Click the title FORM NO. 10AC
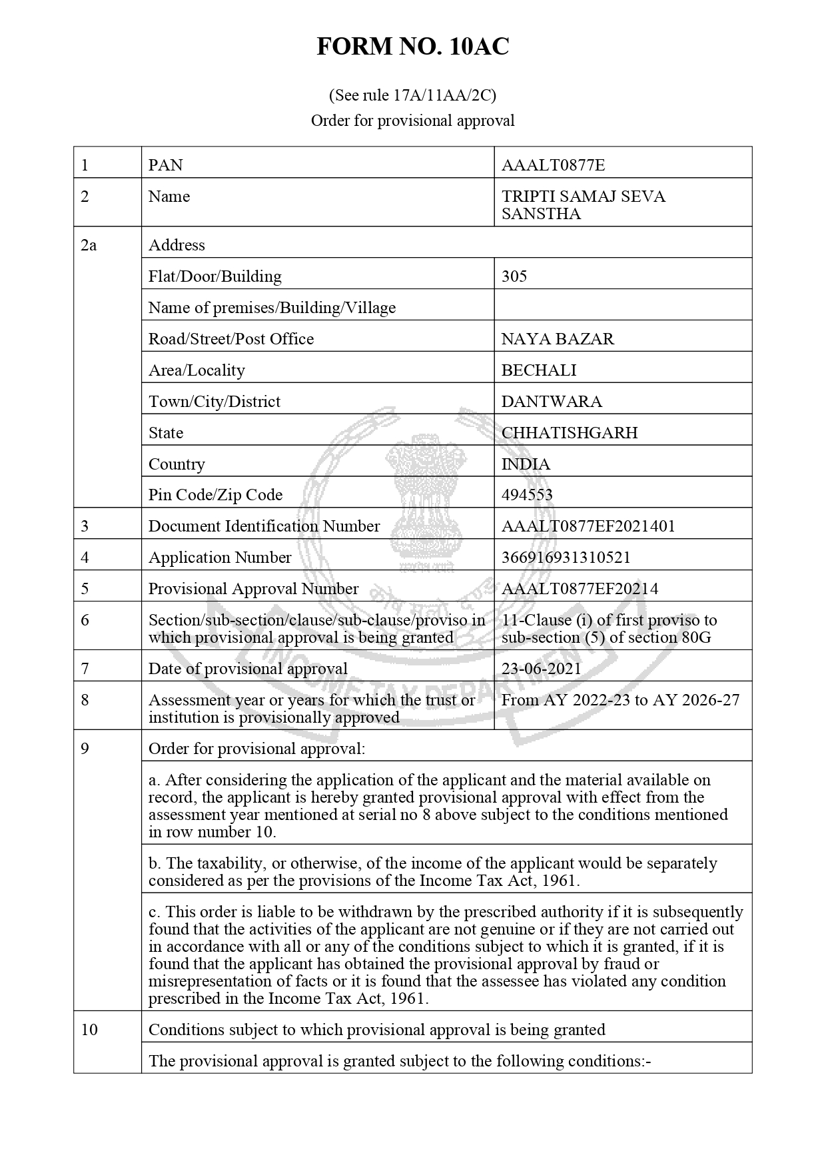pyautogui.click(x=412, y=47)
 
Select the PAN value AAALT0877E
pyautogui.click(x=553, y=165)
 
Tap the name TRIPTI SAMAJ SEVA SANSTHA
pyautogui.click(x=583, y=205)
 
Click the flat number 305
pyautogui.click(x=514, y=276)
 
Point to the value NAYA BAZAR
pyautogui.click(x=558, y=339)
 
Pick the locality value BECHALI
pyautogui.click(x=539, y=370)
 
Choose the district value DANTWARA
pyautogui.click(x=552, y=402)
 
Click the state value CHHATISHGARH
pyautogui.click(x=570, y=433)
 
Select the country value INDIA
pyautogui.click(x=526, y=464)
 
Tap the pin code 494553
pyautogui.click(x=527, y=495)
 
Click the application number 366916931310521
pyautogui.click(x=566, y=558)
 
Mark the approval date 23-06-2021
pyautogui.click(x=541, y=669)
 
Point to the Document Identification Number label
pyautogui.click(x=264, y=526)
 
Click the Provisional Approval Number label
pyautogui.click(x=253, y=589)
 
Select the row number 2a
pyautogui.click(x=89, y=245)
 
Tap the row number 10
pyautogui.click(x=89, y=1030)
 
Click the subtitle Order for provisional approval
pyautogui.click(x=412, y=121)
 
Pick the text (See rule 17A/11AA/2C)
pyautogui.click(x=412, y=95)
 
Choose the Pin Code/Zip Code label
pyautogui.click(x=215, y=495)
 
